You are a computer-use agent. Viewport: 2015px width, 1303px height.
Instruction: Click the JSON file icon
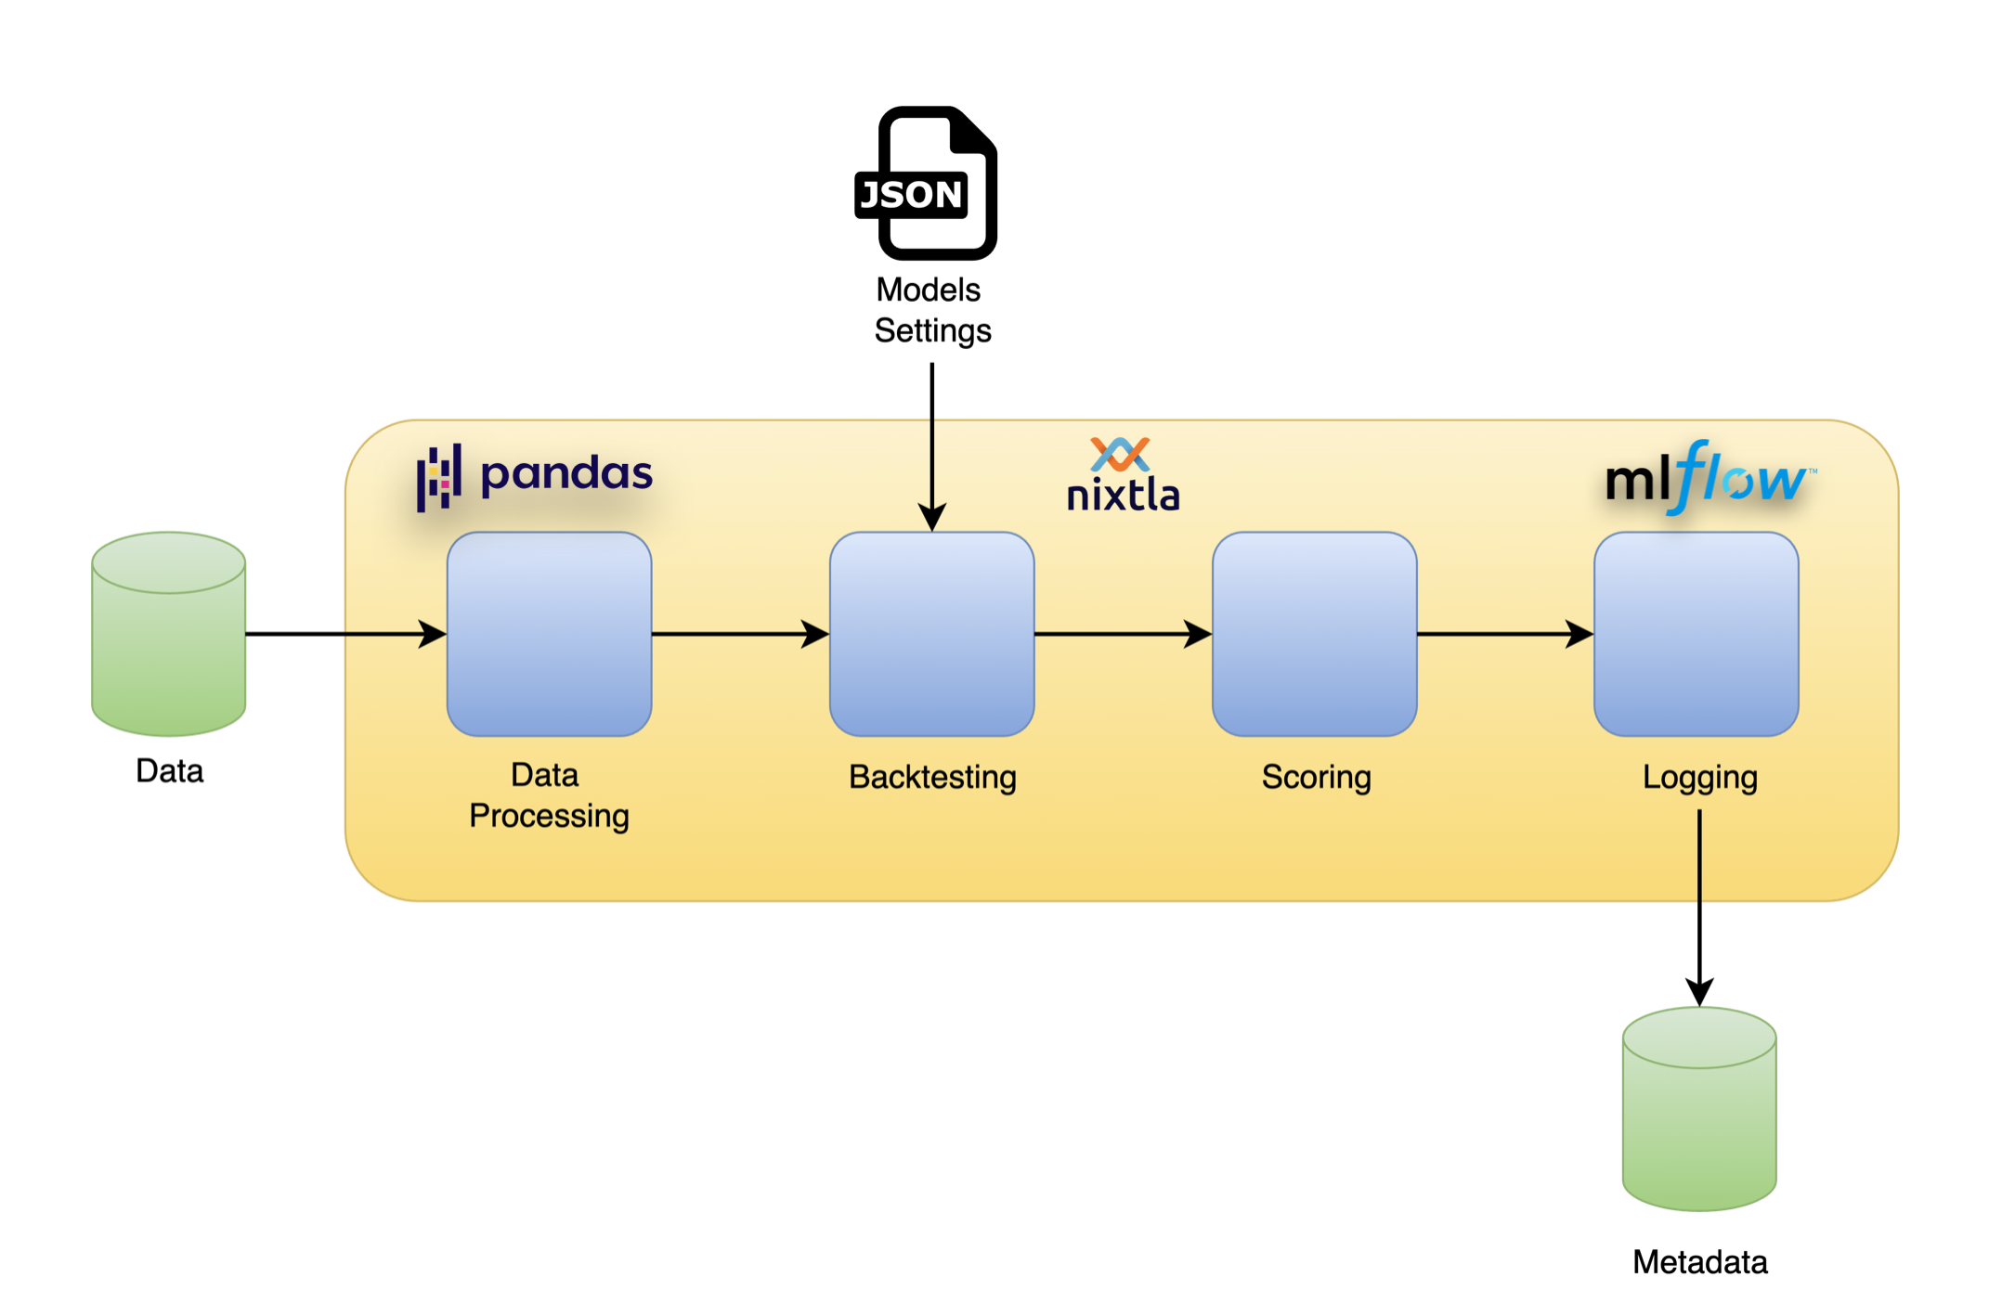927,183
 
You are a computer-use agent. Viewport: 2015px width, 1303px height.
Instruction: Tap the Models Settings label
931,310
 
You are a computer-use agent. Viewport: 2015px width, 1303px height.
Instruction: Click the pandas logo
535,475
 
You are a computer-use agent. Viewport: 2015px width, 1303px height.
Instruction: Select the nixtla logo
1123,476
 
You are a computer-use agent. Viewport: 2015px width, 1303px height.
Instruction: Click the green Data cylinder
169,634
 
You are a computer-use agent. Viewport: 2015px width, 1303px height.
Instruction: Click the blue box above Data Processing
549,634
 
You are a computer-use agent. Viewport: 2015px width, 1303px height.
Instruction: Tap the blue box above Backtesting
931,634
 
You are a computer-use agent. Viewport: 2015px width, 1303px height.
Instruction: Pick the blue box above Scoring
1314,634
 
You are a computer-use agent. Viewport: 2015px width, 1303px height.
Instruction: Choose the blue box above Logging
1696,634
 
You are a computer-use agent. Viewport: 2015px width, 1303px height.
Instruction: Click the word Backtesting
931,777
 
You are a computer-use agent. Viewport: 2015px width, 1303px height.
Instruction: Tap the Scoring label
1316,777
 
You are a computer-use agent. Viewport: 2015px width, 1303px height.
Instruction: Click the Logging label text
1699,777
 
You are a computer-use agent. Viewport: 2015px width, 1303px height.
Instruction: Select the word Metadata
1699,1262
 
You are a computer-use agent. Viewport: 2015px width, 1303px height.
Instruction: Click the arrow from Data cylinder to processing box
344,634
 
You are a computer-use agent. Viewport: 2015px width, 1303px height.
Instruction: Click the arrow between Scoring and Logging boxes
1504,634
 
